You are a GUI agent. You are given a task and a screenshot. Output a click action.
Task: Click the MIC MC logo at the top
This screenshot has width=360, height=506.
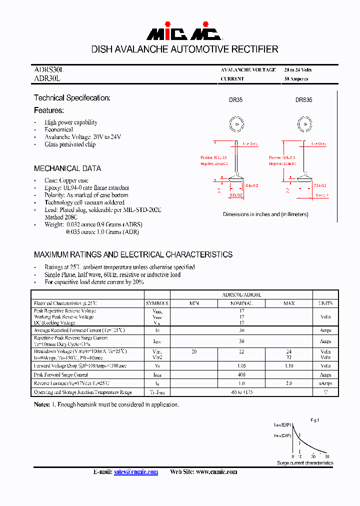tap(183, 32)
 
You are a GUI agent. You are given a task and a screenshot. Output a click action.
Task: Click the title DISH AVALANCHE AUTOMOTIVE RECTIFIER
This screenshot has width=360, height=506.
tap(184, 49)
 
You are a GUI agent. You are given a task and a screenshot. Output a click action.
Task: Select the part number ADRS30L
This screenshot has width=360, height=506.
tap(49, 70)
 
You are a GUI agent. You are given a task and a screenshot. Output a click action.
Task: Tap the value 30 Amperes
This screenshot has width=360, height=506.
tap(296, 79)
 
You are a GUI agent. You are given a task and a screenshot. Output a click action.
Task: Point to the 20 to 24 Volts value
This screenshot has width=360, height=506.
tap(298, 70)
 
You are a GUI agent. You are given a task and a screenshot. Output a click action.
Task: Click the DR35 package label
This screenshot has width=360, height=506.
tap(236, 100)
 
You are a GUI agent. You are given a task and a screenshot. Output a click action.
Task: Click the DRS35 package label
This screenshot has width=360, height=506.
tap(303, 100)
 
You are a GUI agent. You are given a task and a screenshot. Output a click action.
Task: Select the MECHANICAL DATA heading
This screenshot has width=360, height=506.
tap(67, 168)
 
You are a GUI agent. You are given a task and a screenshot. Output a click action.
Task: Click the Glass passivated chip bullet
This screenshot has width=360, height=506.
tap(70, 144)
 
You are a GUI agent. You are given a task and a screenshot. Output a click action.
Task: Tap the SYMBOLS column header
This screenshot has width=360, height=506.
tap(157, 303)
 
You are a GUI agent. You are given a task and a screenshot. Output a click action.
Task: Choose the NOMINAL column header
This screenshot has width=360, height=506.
tap(241, 303)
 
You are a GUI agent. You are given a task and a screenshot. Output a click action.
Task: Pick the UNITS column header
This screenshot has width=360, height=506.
tap(325, 303)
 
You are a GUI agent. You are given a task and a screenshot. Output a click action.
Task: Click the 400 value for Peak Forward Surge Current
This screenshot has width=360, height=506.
tap(241, 374)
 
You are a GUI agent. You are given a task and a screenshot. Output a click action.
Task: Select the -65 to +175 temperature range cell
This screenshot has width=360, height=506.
tap(241, 392)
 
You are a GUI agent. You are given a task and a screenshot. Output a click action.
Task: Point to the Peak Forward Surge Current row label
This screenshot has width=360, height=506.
tap(61, 374)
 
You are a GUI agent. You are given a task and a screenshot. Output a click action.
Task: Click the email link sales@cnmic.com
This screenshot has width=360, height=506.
tap(136, 472)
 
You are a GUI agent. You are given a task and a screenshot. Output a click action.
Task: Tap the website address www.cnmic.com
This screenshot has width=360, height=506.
tap(216, 472)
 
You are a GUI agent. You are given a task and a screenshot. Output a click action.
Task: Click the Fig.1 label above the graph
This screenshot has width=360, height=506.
tap(314, 421)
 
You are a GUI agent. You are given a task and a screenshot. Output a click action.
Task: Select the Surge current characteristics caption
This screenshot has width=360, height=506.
tap(305, 463)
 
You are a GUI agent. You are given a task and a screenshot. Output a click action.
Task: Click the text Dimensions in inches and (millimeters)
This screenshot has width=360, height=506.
tap(265, 214)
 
